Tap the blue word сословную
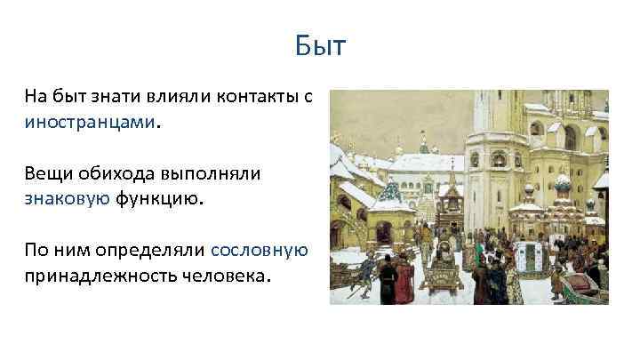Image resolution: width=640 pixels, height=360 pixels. (x=260, y=251)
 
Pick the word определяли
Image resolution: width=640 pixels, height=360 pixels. (x=158, y=251)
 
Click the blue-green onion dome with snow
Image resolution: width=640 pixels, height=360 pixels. (x=562, y=184)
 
